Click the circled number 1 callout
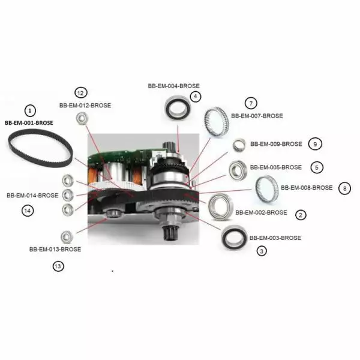30,111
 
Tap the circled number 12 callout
81,93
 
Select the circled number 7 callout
251,103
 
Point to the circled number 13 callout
58,266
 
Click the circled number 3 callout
262,251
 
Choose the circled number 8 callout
344,188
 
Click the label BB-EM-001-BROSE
29,123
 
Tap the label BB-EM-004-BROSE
174,86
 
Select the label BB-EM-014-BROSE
32,196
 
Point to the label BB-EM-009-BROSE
276,144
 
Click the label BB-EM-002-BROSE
261,212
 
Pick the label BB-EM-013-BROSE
55,249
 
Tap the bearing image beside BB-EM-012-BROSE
82,118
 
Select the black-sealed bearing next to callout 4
178,108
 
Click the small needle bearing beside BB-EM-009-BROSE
239,145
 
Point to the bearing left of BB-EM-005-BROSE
238,170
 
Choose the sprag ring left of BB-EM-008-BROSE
267,189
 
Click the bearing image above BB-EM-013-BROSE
67,237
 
